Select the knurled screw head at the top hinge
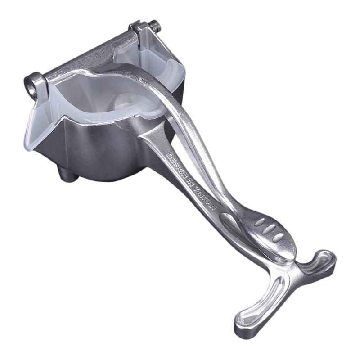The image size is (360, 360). [155, 26]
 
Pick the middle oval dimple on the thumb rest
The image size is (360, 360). [269, 229]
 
